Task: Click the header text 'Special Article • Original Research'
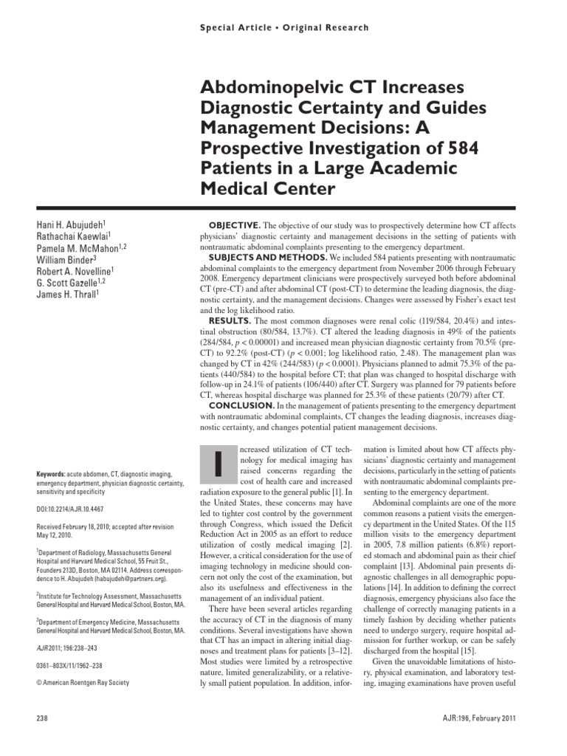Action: [283, 27]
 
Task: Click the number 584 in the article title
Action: [458, 148]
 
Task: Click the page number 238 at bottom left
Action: [42, 719]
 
